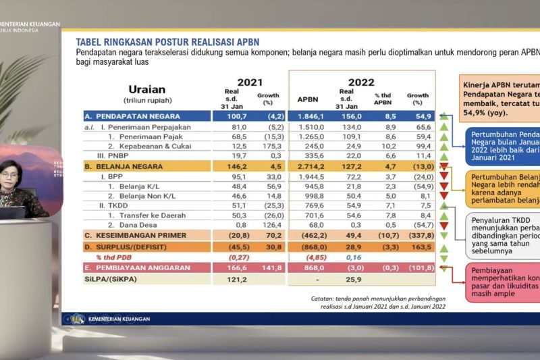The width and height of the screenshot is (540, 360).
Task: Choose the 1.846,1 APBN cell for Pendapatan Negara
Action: tap(308, 116)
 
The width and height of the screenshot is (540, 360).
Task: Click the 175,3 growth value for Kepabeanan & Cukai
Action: tap(268, 145)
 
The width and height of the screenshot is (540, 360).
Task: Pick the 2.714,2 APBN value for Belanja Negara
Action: tap(308, 165)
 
